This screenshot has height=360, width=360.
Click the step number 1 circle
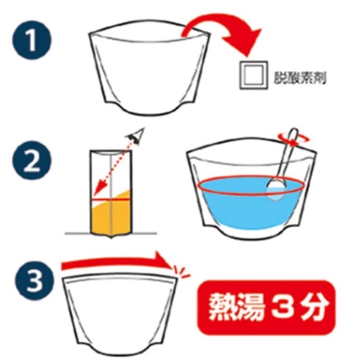click(x=32, y=42)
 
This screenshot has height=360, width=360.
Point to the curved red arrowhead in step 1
click(x=249, y=43)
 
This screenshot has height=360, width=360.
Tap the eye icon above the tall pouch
click(x=136, y=137)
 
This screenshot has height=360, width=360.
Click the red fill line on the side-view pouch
click(x=111, y=199)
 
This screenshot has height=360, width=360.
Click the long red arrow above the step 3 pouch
click(x=114, y=263)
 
